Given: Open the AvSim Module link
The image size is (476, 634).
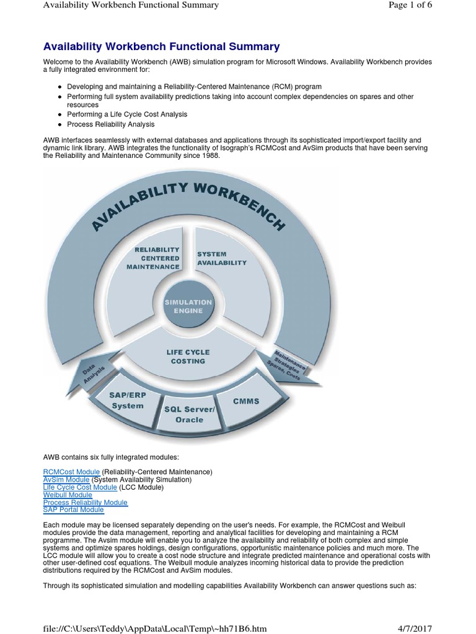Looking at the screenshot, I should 66,480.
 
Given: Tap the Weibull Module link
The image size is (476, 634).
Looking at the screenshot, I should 68,495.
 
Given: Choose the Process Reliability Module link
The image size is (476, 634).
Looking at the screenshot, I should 85,503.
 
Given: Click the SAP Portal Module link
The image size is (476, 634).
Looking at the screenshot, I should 73,510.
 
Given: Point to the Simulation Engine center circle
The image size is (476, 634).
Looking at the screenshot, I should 188,305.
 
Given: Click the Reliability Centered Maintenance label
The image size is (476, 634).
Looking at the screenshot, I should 152,258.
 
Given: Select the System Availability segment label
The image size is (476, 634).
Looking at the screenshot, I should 221,258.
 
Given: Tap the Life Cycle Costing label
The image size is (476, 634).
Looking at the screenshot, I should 188,356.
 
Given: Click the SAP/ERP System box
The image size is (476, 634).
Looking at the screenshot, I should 127,400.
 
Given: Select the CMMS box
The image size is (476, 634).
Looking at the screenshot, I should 246,401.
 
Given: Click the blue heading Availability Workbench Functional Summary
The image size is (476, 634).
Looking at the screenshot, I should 161,46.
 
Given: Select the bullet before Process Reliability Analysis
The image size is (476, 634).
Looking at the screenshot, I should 59,124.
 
